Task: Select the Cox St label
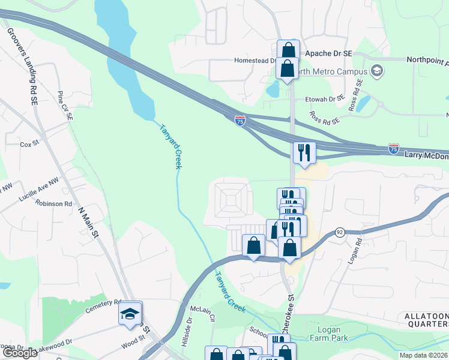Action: coord(29,145)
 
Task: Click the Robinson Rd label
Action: coord(53,203)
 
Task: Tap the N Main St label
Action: coord(89,223)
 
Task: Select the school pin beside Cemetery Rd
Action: coord(130,314)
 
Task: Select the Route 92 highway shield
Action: coord(339,233)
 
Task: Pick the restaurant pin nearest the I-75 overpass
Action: coord(304,152)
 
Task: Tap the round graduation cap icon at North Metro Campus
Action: coord(377,70)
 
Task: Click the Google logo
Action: coord(20,353)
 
